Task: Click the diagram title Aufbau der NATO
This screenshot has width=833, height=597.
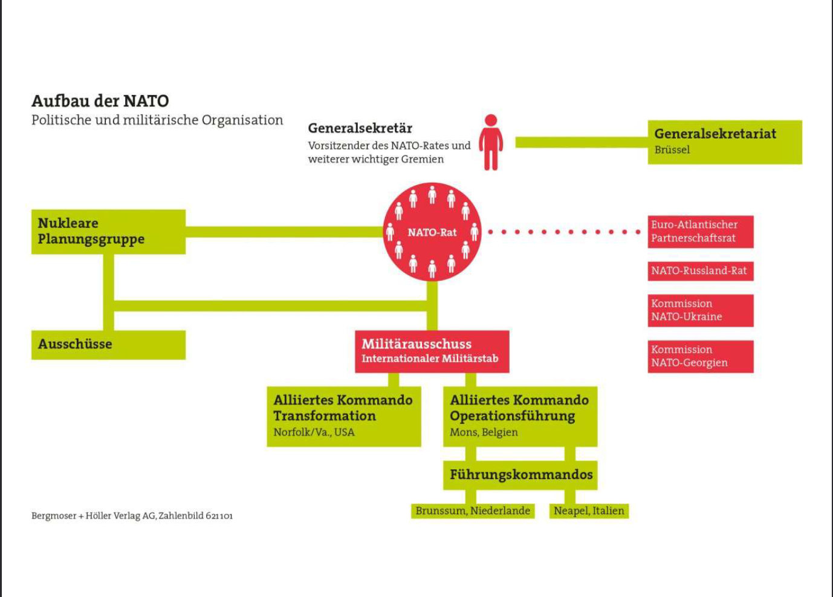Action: tap(100, 100)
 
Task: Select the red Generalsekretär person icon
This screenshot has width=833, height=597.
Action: tap(491, 143)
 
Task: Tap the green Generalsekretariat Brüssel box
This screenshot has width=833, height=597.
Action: tap(724, 142)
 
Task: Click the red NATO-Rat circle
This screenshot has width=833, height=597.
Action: tap(432, 232)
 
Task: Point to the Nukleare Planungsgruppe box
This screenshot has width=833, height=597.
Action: tap(108, 232)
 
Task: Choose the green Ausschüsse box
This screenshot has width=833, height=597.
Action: tap(108, 345)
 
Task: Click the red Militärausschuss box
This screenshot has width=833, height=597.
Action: tap(432, 351)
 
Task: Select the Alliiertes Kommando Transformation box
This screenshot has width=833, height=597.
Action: tap(343, 416)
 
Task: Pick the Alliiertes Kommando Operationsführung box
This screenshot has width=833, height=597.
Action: tap(520, 416)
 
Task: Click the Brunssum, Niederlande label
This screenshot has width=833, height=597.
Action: tap(473, 511)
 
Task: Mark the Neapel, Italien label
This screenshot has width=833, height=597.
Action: tap(589, 511)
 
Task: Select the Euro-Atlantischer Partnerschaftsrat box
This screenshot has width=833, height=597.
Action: tap(700, 232)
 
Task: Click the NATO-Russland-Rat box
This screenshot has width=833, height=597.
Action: tap(700, 271)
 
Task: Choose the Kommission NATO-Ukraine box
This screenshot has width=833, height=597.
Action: tap(700, 310)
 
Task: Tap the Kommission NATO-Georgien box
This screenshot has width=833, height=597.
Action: tap(700, 356)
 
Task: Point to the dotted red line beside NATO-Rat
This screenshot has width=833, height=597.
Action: tap(563, 232)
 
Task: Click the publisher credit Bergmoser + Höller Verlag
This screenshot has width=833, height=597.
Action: tap(132, 516)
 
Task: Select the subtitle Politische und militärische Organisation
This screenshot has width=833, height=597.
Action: tap(157, 120)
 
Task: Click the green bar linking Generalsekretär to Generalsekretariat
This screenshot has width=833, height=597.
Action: tap(581, 143)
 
